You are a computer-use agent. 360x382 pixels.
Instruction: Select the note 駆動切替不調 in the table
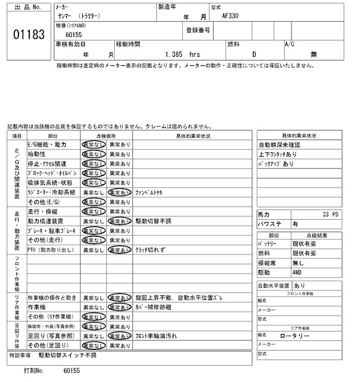(x=153, y=221)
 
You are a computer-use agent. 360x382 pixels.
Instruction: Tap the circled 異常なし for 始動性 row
(x=93, y=154)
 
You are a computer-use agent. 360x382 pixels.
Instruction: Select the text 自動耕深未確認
(x=280, y=145)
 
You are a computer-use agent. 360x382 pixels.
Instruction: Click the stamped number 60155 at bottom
(x=72, y=371)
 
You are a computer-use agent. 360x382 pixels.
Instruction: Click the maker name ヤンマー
(x=66, y=16)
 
